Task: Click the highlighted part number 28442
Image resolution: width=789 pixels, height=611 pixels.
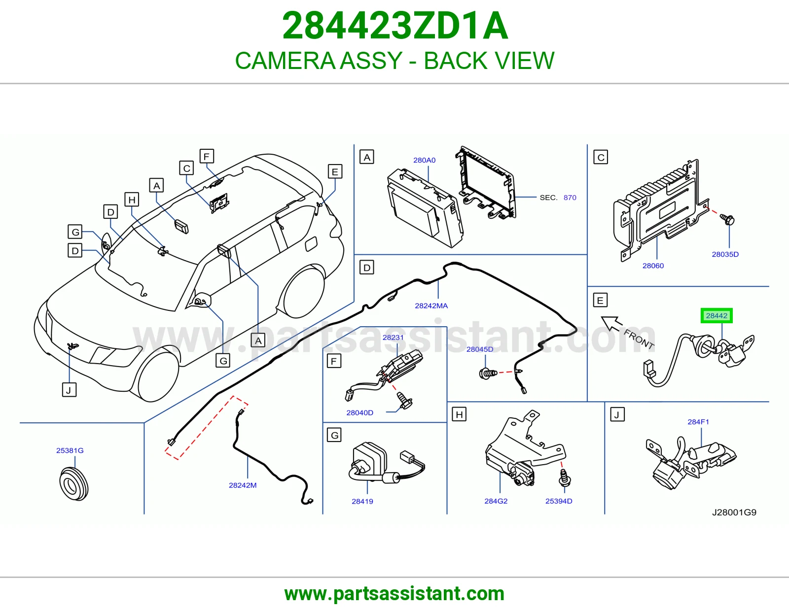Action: [717, 316]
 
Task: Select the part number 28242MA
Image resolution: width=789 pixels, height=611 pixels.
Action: [431, 306]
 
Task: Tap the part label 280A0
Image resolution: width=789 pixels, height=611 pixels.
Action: [424, 160]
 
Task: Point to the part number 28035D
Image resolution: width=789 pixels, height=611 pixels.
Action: [725, 254]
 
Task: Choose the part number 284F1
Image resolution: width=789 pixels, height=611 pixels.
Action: [698, 422]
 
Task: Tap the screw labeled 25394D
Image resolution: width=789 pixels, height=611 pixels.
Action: [564, 478]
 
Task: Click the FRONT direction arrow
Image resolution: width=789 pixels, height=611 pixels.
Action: [612, 323]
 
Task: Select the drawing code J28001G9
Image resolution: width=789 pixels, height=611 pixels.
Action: [734, 512]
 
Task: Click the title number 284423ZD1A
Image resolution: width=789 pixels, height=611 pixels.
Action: [394, 26]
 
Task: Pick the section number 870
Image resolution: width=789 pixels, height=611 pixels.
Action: [570, 198]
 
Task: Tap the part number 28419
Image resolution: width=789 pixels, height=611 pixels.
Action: [362, 502]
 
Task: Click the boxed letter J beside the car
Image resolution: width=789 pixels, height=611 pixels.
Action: [69, 390]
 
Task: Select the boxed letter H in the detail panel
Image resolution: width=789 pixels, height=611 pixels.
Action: [459, 414]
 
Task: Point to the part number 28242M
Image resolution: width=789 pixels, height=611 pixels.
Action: [243, 485]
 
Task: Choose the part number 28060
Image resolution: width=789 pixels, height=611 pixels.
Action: [653, 266]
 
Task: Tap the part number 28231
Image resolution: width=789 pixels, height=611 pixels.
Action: [393, 338]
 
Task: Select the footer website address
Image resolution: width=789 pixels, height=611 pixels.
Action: [394, 594]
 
